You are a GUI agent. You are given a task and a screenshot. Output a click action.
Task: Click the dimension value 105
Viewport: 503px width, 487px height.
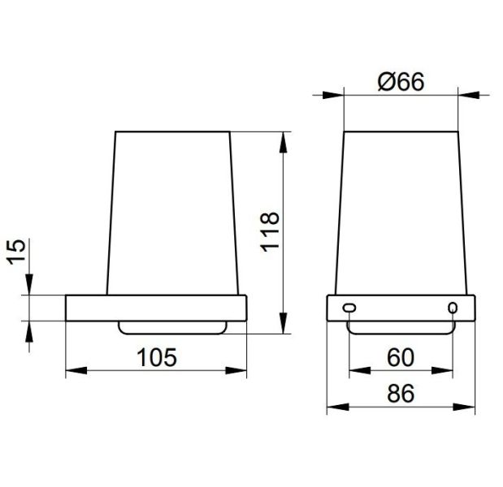click(157, 357)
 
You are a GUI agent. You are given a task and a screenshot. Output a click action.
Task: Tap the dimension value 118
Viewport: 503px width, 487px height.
click(270, 232)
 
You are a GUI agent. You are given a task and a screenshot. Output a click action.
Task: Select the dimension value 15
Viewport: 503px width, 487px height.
click(16, 252)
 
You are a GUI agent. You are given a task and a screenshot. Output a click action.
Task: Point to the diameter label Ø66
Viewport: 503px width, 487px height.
click(401, 82)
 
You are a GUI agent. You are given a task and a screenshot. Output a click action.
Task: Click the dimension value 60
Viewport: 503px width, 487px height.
click(401, 358)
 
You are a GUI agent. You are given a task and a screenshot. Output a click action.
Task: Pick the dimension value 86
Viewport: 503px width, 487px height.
click(401, 394)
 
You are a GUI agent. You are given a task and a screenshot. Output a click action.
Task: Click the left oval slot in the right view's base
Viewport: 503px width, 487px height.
click(349, 308)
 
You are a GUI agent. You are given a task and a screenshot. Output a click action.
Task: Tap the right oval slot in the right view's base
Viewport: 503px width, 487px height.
click(453, 308)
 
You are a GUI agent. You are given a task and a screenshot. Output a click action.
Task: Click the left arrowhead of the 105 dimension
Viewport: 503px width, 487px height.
click(76, 371)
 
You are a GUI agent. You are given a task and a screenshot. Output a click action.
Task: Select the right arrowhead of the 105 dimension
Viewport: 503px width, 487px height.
click(236, 371)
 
